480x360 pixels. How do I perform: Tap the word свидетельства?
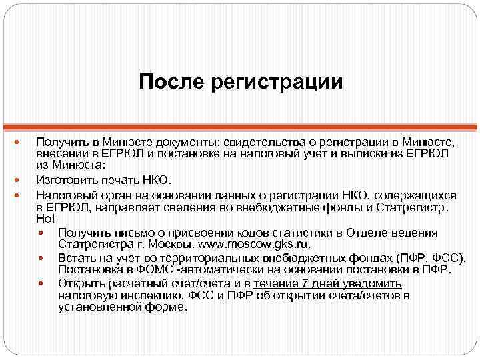click(x=261, y=142)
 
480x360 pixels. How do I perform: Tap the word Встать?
click(x=75, y=257)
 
